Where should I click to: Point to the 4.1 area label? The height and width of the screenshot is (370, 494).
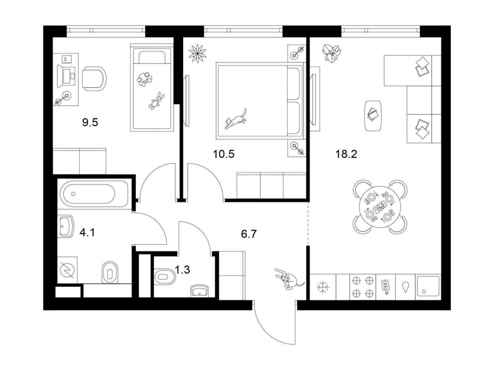pos(87,232)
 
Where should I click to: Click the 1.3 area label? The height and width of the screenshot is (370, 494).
pos(182,270)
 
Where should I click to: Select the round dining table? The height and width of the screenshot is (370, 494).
pos(380,206)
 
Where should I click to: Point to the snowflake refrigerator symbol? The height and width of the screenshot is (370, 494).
pos(322,286)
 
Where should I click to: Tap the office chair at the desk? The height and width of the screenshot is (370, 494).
pos(94,78)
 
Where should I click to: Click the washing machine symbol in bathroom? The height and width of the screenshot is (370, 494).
pos(67,270)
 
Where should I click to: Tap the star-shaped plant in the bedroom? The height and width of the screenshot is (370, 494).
pos(197,53)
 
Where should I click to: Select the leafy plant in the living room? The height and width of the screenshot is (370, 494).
pos(331,52)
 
